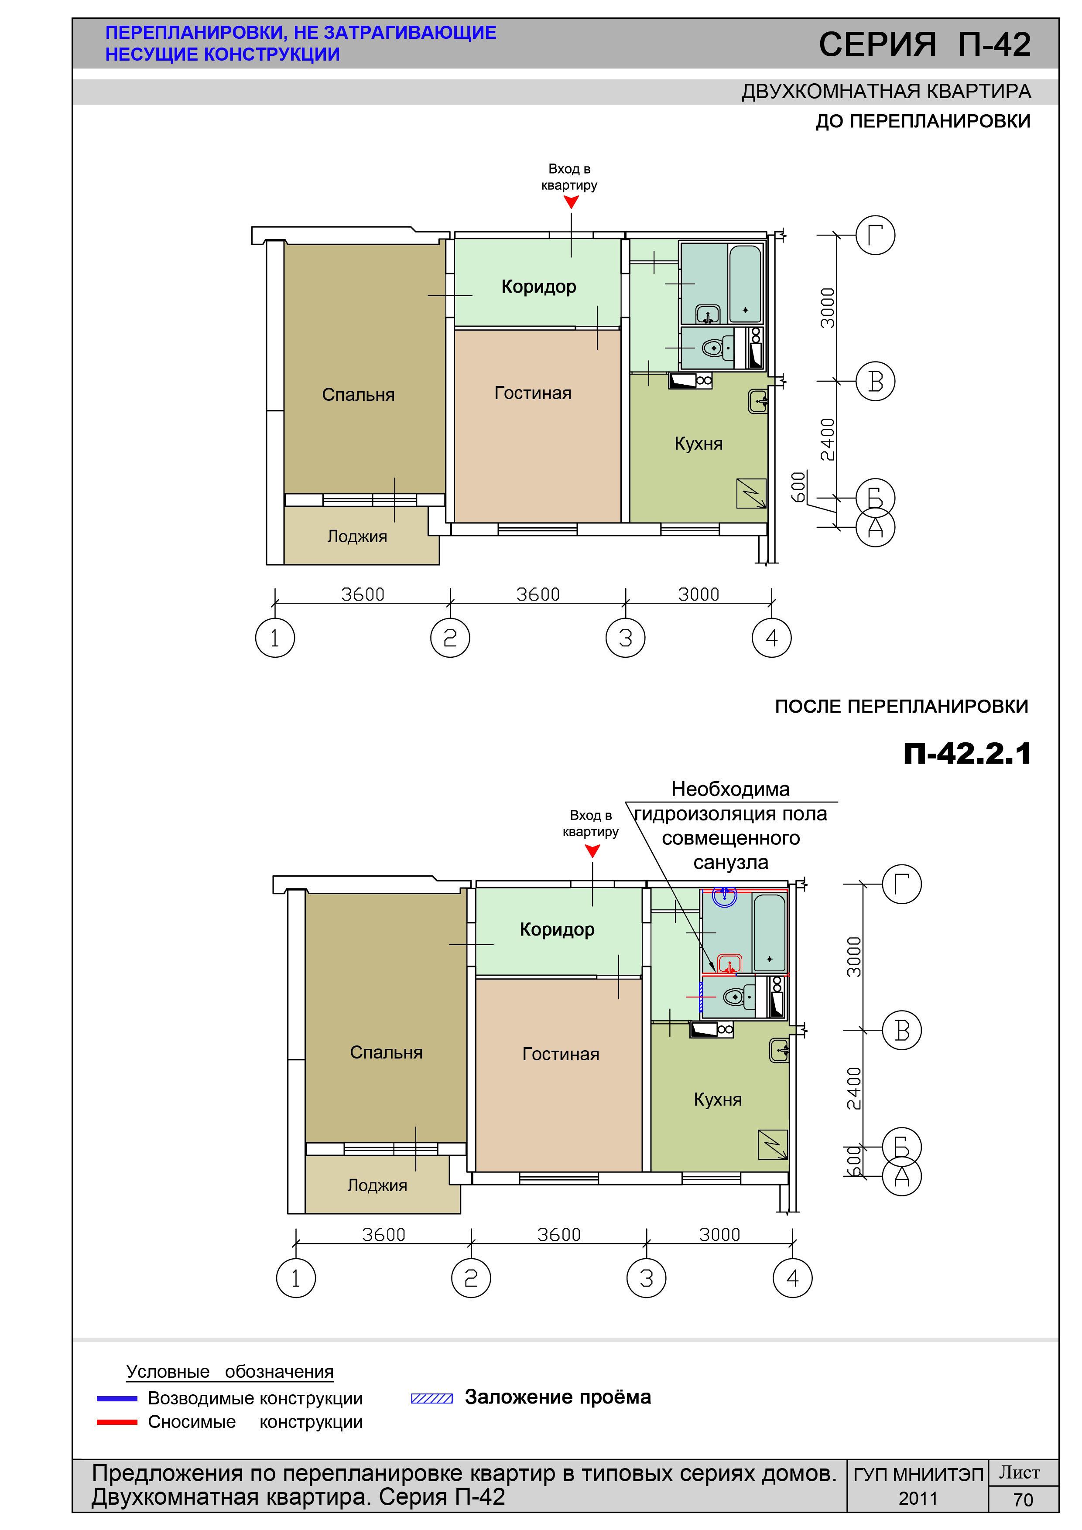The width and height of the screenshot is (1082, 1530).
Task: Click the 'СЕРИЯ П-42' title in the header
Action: pos(924,44)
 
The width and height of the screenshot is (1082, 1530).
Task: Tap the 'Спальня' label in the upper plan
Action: pos(358,395)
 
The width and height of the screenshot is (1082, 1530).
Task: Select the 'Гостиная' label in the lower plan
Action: pos(561,1054)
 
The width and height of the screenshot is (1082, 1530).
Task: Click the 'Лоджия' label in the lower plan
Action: pos(377,1185)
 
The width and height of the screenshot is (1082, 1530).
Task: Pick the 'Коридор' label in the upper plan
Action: pos(539,287)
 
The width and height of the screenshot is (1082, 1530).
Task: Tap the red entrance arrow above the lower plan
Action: pos(592,851)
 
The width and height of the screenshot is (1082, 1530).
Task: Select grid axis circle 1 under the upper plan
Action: pos(275,638)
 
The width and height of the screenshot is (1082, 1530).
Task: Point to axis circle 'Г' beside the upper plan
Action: pos(875,235)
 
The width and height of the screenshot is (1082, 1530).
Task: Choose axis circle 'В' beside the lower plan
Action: pos(902,1030)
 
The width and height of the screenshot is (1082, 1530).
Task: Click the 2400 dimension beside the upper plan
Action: pos(827,439)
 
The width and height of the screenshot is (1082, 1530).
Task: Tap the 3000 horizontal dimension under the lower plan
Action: pos(719,1234)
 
